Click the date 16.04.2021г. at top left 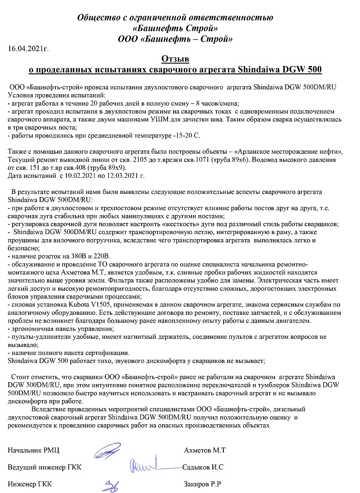click(x=29, y=48)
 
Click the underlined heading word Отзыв click(x=175, y=59)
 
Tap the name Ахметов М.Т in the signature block click(x=204, y=450)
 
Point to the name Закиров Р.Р click(x=203, y=484)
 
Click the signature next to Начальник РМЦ click(x=108, y=450)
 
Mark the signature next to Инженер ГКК click(x=111, y=484)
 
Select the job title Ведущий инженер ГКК click(x=45, y=467)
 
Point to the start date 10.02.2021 click(x=79, y=175)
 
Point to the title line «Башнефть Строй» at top click(x=175, y=29)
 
